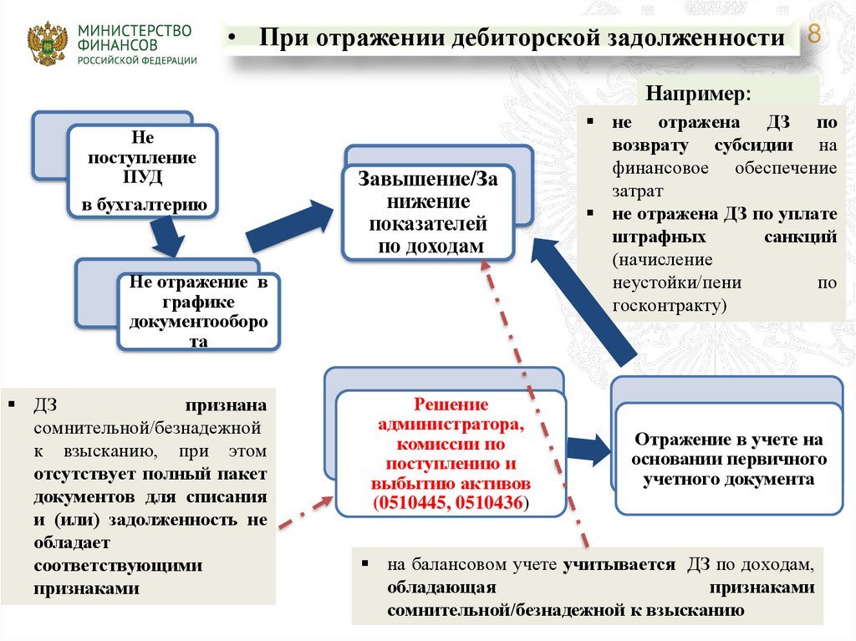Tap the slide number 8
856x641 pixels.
tap(813, 36)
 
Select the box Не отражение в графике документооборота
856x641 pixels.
tap(198, 313)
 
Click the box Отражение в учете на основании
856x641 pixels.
tap(728, 460)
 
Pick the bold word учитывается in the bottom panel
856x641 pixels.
tap(619, 565)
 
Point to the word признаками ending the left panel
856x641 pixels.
tap(87, 588)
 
